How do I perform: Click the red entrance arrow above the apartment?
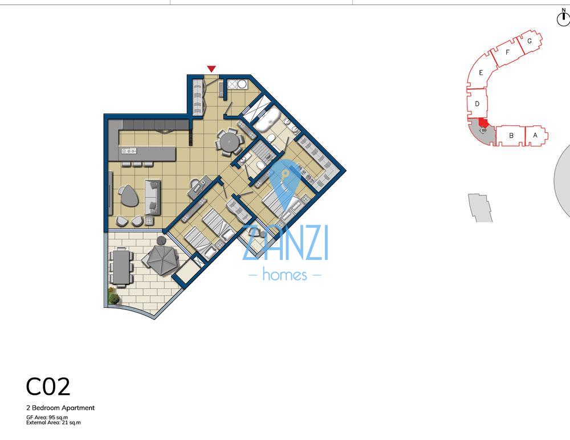[211, 69]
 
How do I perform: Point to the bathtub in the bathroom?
[266, 121]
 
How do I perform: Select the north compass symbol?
[563, 18]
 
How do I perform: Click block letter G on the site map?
[530, 41]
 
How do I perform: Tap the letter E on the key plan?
[482, 73]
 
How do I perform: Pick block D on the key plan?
[477, 104]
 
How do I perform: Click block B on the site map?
[511, 136]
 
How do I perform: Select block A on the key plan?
[535, 135]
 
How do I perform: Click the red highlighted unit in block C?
[483, 122]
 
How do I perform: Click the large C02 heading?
[48, 387]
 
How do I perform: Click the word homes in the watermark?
[285, 275]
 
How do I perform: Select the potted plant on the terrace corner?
[114, 298]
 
